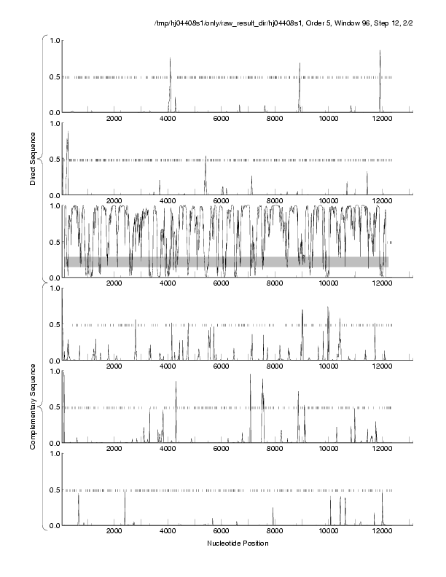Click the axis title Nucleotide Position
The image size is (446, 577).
238,543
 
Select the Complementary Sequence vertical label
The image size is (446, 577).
33,405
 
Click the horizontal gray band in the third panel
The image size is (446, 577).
226,262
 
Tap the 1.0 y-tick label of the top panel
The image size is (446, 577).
52,40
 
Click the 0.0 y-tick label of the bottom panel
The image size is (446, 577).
52,526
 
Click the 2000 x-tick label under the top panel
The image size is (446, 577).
114,119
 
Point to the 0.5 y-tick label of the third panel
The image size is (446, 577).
52,242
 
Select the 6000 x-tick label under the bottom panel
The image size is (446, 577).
222,533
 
